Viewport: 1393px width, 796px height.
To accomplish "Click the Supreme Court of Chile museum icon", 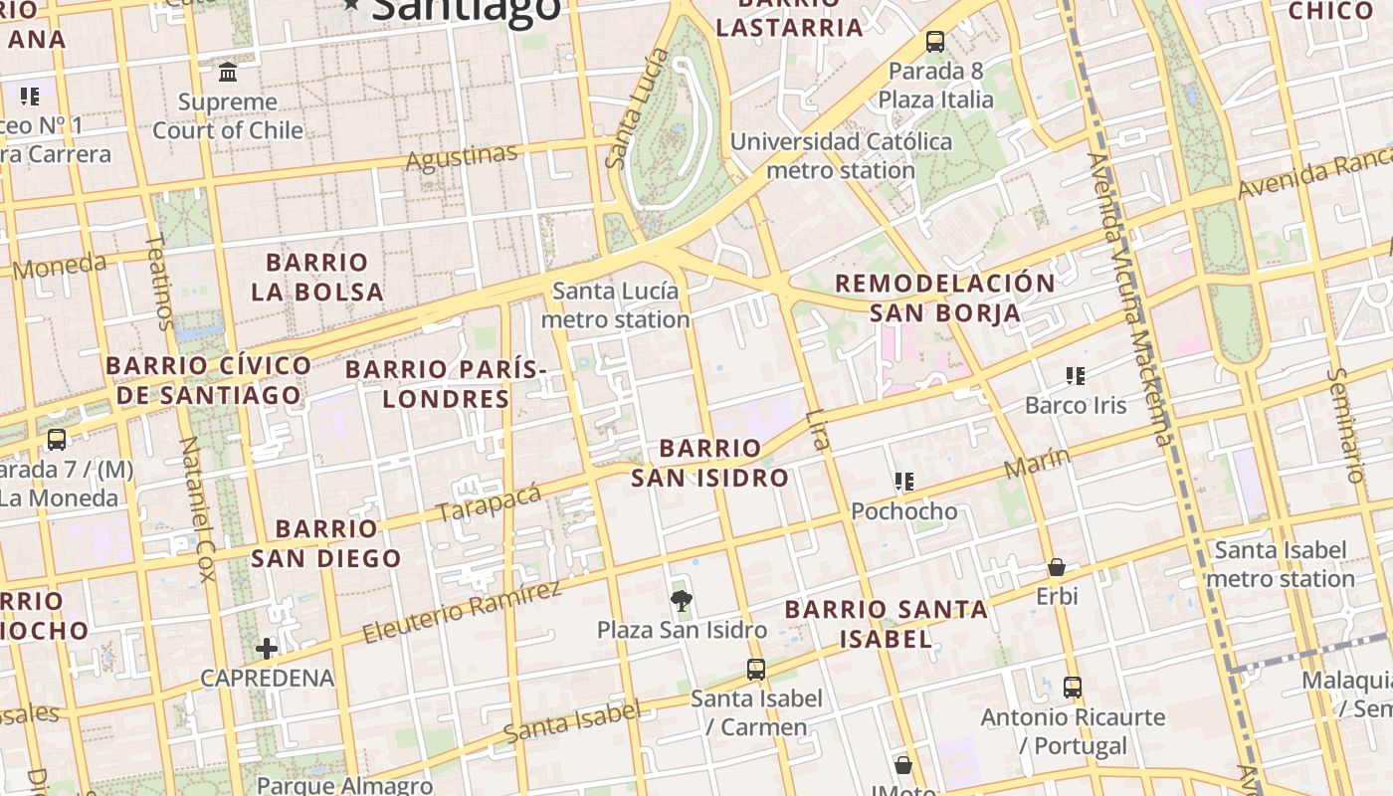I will tap(228, 72).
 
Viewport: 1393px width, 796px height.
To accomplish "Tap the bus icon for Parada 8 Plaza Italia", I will tap(934, 42).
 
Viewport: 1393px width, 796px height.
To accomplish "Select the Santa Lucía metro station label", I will tap(615, 305).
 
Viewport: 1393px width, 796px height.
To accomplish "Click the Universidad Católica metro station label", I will tap(841, 155).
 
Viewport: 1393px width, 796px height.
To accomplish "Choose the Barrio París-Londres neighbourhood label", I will tap(446, 384).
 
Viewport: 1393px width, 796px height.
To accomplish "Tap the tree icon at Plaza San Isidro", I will tap(682, 600).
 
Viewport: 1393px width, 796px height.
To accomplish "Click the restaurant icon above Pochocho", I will tap(903, 483).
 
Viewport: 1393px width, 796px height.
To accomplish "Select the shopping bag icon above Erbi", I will tap(1056, 567).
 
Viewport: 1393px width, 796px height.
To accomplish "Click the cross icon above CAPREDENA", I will tap(266, 649).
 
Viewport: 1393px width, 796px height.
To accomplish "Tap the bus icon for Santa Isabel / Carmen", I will tap(756, 669).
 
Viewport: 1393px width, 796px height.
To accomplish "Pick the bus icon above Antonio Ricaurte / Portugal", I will tap(1072, 687).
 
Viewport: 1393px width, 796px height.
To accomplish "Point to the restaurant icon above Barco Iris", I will tap(1075, 376).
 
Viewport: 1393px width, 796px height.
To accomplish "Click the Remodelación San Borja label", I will tap(944, 298).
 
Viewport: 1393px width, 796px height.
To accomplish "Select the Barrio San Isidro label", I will tap(710, 463).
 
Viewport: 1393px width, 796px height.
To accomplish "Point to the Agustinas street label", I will tap(462, 157).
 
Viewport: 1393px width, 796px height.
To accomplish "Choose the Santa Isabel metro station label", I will tap(1281, 564).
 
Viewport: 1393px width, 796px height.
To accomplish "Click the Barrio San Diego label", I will tap(325, 543).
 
